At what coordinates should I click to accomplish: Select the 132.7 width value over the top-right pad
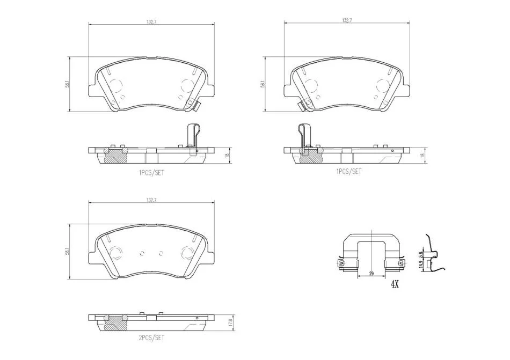coord(347,20)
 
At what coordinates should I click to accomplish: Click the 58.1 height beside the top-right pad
coord(262,84)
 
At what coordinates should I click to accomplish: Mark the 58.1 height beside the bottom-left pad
coord(67,251)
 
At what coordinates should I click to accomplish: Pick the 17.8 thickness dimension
coord(230,322)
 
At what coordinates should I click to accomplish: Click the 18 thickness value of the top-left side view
coord(228,155)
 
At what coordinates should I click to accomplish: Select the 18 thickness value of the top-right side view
coord(422,155)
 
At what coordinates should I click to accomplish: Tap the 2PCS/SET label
coord(151,337)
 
